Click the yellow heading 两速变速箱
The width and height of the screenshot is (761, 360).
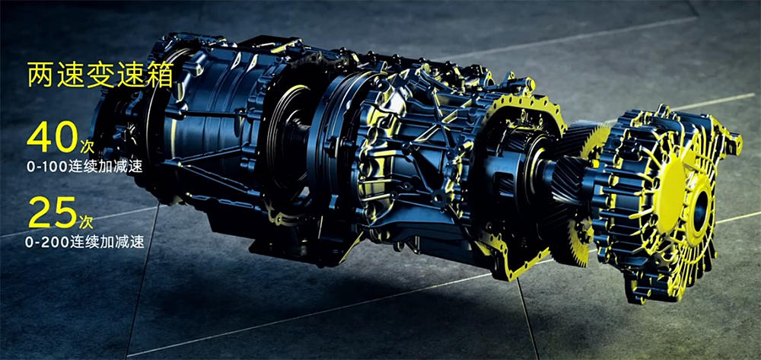tap(100, 75)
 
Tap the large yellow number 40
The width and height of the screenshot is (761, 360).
tap(53, 136)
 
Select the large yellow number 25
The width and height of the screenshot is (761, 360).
tap(53, 212)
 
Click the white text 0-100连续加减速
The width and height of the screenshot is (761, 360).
tap(84, 167)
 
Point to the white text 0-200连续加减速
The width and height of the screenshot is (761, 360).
tap(85, 242)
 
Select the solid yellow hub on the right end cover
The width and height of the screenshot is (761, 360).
tap(670, 198)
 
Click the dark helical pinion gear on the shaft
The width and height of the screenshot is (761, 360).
tap(568, 181)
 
